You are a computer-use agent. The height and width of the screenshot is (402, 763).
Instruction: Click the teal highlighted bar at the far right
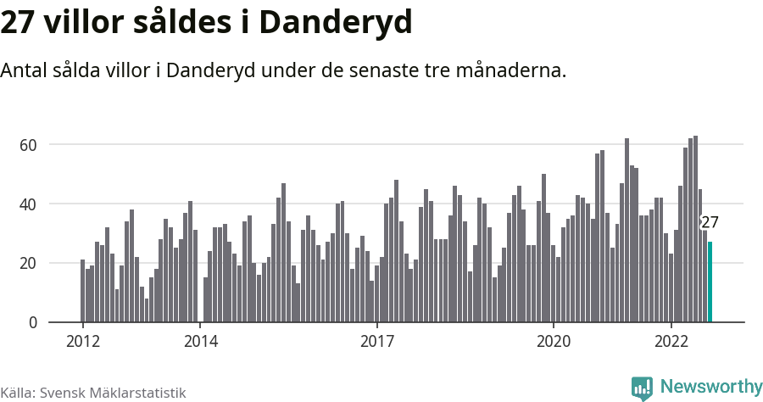(710, 282)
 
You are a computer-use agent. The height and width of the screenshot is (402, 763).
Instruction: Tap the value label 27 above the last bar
(710, 223)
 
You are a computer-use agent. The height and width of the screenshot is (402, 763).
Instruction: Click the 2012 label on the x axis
(83, 342)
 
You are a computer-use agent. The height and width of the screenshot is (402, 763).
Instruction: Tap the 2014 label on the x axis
(201, 342)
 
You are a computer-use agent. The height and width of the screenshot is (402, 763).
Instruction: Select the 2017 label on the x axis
(377, 342)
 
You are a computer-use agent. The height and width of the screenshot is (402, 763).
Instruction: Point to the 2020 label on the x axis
(554, 342)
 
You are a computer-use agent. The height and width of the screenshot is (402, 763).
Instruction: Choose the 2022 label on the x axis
(671, 342)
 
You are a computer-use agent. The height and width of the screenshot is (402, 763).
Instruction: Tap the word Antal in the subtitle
(26, 70)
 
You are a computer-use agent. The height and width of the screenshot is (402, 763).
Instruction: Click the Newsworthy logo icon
(642, 388)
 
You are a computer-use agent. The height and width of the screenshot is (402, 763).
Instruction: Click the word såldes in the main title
(181, 23)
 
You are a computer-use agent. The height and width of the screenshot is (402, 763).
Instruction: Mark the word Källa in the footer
(17, 393)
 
